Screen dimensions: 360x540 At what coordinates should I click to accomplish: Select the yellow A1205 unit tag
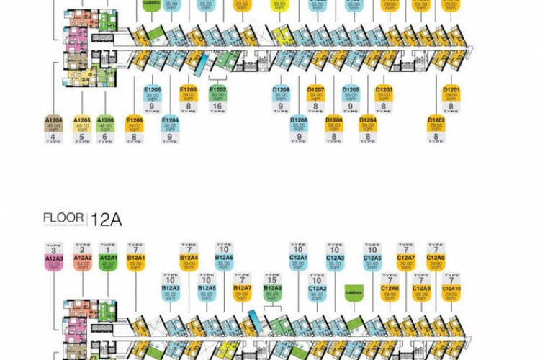(83, 124)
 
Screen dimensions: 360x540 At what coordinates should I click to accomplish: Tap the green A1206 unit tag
(105, 124)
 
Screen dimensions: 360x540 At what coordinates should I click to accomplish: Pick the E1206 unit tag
(135, 124)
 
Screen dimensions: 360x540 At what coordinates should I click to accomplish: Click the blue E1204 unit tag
(171, 124)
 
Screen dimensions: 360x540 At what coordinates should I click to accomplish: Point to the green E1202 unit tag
(217, 94)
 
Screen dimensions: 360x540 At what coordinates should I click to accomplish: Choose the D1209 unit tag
(281, 94)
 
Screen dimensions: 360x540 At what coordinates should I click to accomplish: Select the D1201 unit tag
(451, 94)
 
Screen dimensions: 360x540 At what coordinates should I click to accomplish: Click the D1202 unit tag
(436, 124)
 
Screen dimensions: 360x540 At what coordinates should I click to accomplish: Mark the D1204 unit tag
(368, 124)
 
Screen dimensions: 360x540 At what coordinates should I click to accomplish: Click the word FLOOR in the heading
(63, 218)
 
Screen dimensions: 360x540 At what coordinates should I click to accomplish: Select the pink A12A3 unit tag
(54, 261)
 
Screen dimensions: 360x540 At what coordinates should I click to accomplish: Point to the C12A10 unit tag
(451, 292)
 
